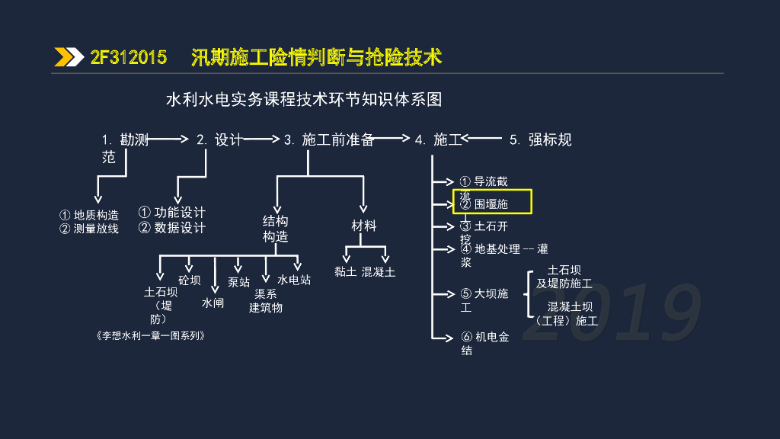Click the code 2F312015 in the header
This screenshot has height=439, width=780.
click(x=129, y=58)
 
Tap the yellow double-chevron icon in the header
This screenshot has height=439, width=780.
click(x=69, y=57)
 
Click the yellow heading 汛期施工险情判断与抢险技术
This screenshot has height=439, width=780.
click(x=316, y=58)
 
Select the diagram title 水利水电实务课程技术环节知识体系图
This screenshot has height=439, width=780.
click(x=304, y=100)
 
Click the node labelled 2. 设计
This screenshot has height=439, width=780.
click(x=219, y=139)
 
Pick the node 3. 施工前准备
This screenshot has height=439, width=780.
click(x=328, y=139)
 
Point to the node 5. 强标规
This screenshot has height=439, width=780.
click(x=540, y=139)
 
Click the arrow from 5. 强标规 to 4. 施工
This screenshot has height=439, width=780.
click(x=483, y=139)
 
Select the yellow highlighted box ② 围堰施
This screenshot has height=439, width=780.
click(x=492, y=203)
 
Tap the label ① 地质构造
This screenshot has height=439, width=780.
click(x=89, y=215)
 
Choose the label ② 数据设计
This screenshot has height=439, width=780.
click(x=171, y=228)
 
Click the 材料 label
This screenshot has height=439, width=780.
click(x=363, y=226)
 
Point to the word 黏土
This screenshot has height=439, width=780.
click(x=345, y=272)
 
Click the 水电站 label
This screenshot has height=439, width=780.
click(x=294, y=280)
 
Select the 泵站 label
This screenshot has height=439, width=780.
click(x=238, y=282)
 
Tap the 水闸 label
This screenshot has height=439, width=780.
click(x=213, y=303)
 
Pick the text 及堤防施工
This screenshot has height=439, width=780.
click(x=564, y=284)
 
